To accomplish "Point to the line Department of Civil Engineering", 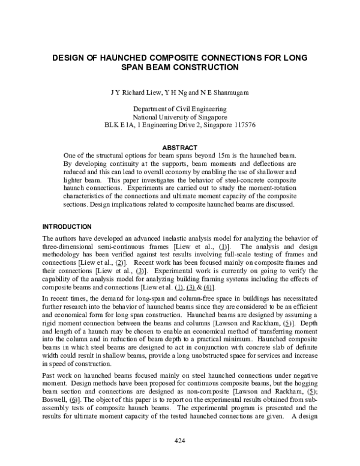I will [x=180, y=109].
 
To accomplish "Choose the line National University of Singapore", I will [x=180, y=117].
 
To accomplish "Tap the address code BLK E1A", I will [x=118, y=126].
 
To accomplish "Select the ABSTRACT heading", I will [x=180, y=148].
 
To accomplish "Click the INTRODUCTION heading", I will [x=66, y=227].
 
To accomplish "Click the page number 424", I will [x=180, y=442].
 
